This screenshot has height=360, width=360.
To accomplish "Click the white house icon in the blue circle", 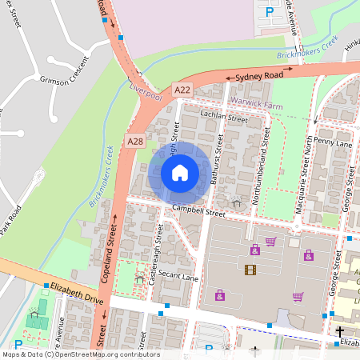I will [180, 172].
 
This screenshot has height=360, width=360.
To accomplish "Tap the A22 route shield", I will [182, 92].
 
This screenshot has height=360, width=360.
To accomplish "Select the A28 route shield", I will [134, 142].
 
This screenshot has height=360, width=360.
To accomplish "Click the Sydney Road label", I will [259, 75].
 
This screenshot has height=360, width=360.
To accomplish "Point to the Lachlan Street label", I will [225, 118].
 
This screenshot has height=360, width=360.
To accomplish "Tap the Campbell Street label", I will [198, 212].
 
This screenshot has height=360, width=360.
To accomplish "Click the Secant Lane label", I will [178, 278].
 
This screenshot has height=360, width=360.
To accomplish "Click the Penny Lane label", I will [333, 142].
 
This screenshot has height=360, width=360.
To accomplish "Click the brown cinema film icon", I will [250, 270].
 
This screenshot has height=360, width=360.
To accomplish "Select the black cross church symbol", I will [340, 330].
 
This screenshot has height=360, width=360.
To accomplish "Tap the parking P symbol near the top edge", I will [270, 12].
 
